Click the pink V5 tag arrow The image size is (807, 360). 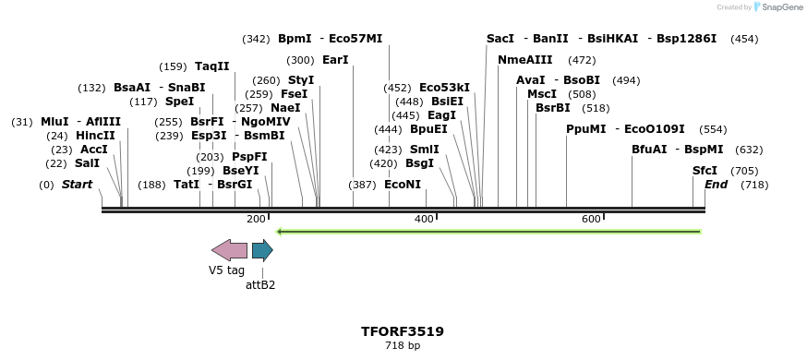[229, 250]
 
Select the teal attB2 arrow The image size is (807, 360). [262, 250]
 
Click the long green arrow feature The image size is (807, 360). [488, 231]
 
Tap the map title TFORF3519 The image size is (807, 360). [403, 331]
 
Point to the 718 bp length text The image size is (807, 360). [403, 346]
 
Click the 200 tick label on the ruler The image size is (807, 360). [256, 219]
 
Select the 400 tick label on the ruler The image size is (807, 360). [424, 219]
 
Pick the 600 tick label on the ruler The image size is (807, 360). [591, 219]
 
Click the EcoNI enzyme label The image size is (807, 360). [403, 185]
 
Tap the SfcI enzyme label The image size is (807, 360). [705, 171]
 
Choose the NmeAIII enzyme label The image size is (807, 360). [525, 60]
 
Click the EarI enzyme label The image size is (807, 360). [335, 60]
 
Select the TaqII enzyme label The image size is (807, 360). [211, 66]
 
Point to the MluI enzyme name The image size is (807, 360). [54, 122]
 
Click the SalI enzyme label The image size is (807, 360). [87, 163]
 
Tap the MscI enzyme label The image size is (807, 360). [542, 94]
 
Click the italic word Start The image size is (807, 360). [77, 185]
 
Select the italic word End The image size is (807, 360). [716, 185]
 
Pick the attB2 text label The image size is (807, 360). [260, 285]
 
